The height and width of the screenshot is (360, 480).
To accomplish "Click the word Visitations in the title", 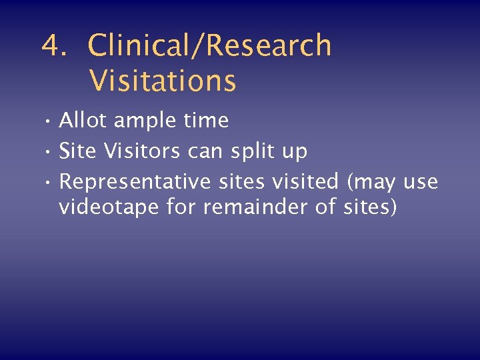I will [163, 81].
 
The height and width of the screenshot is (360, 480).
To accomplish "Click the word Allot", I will [83, 121].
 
